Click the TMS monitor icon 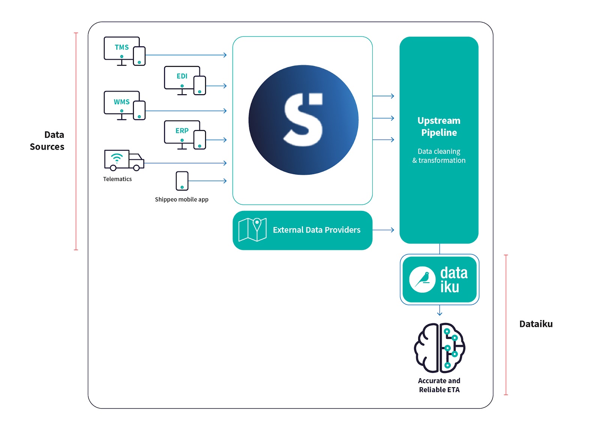[124, 51]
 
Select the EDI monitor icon [185, 80]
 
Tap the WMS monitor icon [124, 105]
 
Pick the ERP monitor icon [185, 135]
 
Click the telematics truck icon [124, 160]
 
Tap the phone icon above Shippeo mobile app [182, 181]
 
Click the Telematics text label [117, 179]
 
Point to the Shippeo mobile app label [181, 199]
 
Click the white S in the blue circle [303, 120]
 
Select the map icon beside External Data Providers [252, 230]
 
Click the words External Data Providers [316, 230]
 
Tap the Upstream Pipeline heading [439, 126]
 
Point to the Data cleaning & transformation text [439, 156]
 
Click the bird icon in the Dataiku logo [422, 280]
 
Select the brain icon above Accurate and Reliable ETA [439, 348]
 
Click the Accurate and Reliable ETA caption [439, 385]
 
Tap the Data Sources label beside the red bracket [47, 141]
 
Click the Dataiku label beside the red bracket [536, 324]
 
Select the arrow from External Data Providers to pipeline [383, 230]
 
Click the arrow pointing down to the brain [439, 310]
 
